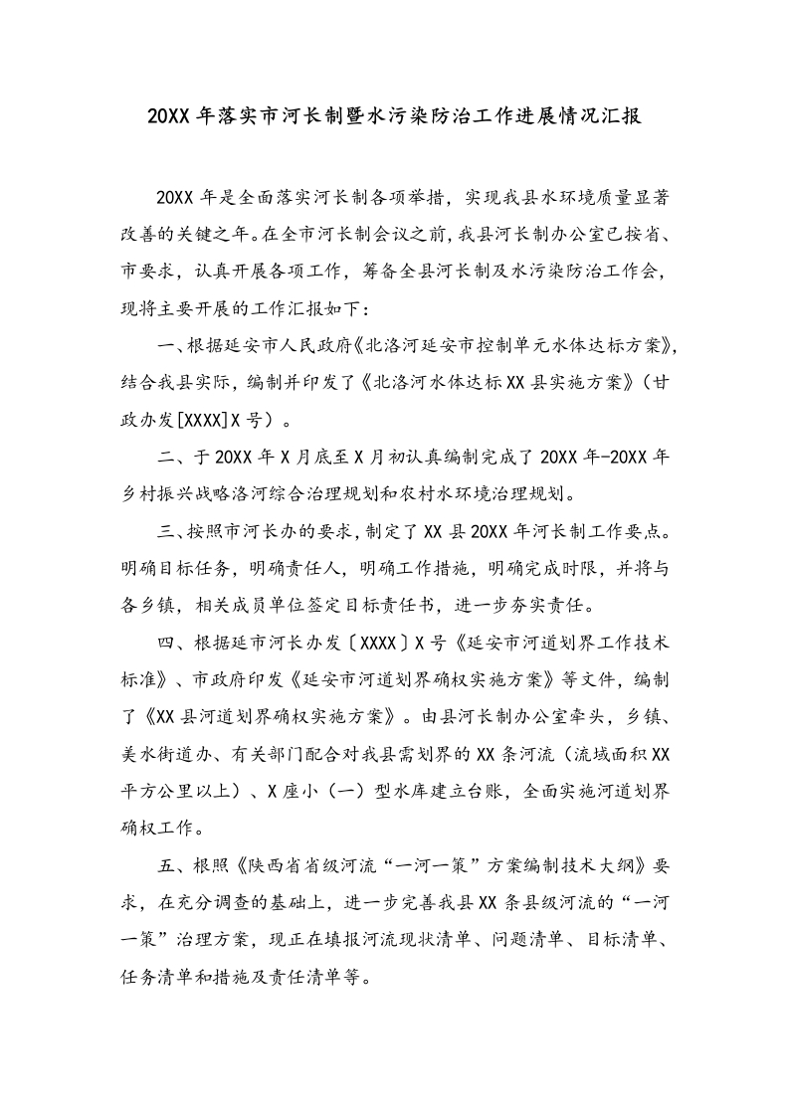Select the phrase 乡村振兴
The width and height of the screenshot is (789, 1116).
click(x=156, y=493)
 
